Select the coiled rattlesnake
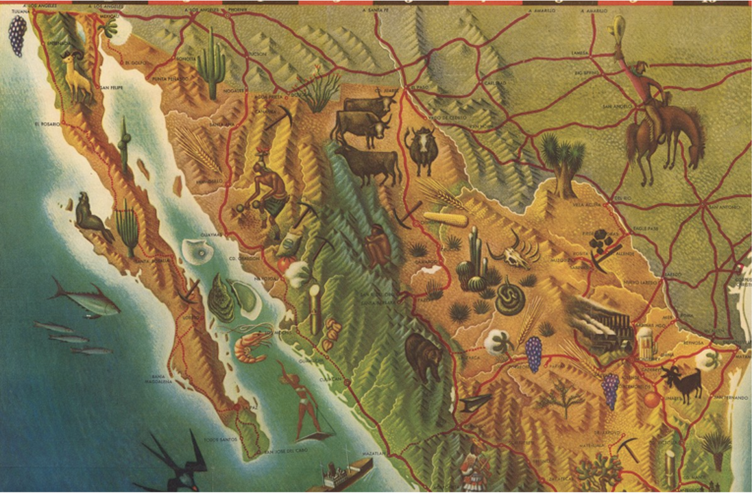coord(510,299)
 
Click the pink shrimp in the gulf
coord(250,348)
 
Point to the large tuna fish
coord(85,301)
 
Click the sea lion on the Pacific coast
coord(90,218)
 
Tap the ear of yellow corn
coord(446,219)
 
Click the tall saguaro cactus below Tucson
coord(213,64)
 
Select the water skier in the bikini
coord(306,405)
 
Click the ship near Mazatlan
coord(346,472)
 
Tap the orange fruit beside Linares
coord(650,400)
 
